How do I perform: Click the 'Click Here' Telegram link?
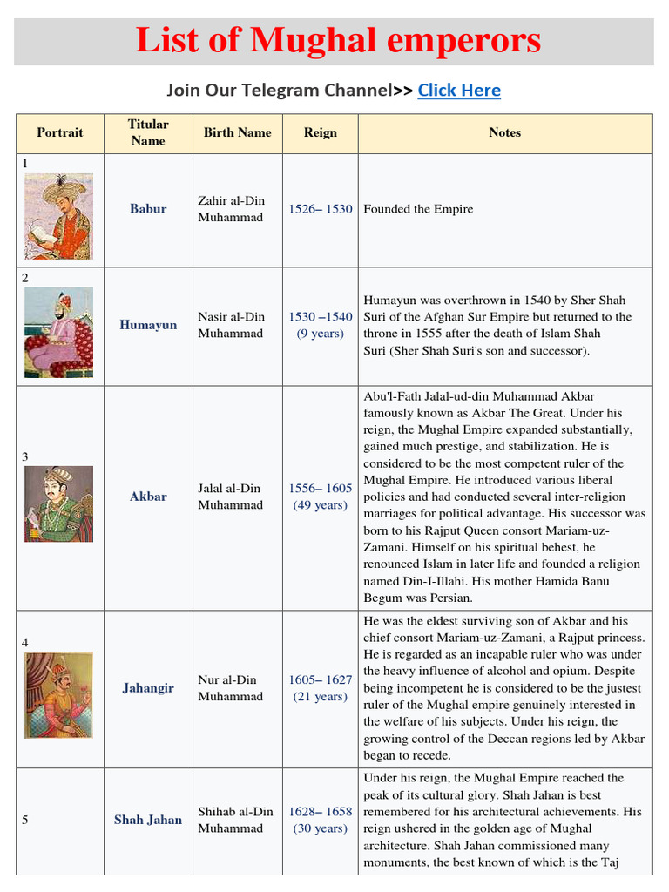coord(459,91)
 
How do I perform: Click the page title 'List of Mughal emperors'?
coord(338,40)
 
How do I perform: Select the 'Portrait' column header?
coord(60,132)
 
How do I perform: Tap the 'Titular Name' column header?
coord(148,132)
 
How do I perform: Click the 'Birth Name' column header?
coord(237,132)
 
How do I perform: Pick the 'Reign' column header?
coord(320,132)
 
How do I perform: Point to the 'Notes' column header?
coord(504,132)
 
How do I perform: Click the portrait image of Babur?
coord(58,216)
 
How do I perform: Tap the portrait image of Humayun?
coord(58,332)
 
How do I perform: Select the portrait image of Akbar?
coord(58,503)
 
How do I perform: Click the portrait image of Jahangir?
coord(58,695)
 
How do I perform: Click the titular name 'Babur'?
coord(148,209)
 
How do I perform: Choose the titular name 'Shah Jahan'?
coord(148,820)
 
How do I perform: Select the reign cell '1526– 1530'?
coord(320,209)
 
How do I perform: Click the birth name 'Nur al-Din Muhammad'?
coord(230,688)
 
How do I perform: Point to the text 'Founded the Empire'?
coord(418,209)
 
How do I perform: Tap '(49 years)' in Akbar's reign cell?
coord(320,505)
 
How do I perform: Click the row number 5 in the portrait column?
coord(25,820)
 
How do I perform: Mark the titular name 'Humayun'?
coord(148,325)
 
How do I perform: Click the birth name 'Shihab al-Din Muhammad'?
coord(235,820)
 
